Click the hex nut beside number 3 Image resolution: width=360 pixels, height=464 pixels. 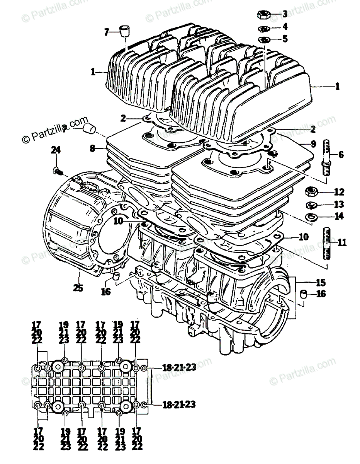coord(263,15)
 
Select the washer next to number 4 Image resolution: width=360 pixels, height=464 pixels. coord(264,28)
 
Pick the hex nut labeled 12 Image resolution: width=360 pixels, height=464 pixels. coord(311,191)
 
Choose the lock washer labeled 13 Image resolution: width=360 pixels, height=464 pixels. coord(311,205)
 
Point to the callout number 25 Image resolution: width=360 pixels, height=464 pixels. coord(78,288)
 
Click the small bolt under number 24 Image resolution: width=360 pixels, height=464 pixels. coord(56,170)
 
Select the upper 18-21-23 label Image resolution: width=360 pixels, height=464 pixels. coord(179,368)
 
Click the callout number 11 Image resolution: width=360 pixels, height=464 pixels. coord(342,243)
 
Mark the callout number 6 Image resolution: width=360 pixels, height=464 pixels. coord(341,155)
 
